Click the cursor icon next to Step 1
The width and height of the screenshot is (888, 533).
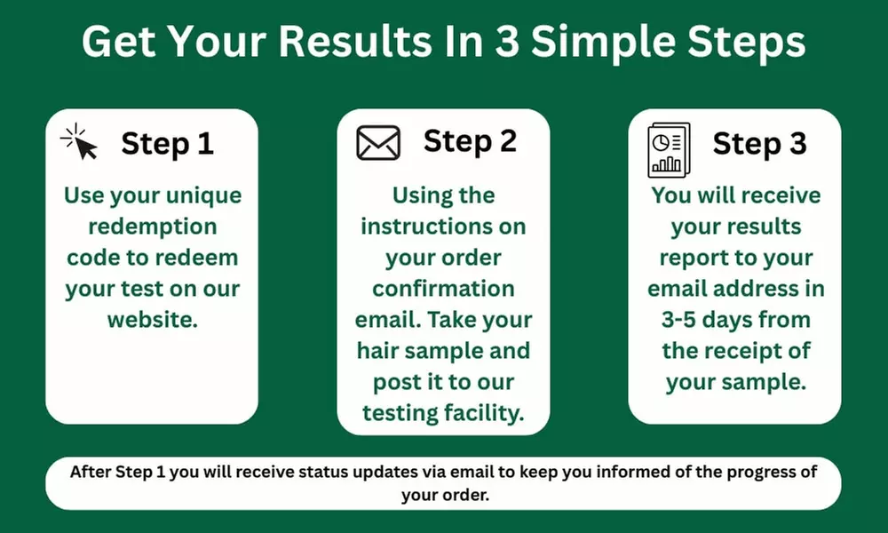tap(79, 142)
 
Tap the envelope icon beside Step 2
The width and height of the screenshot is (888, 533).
tap(378, 143)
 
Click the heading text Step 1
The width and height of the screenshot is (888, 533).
tap(167, 143)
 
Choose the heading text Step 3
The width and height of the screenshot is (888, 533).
tap(759, 143)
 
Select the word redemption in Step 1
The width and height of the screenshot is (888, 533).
tap(152, 227)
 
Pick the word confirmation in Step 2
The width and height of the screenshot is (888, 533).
tap(443, 289)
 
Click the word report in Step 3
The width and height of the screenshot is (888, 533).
tap(690, 258)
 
